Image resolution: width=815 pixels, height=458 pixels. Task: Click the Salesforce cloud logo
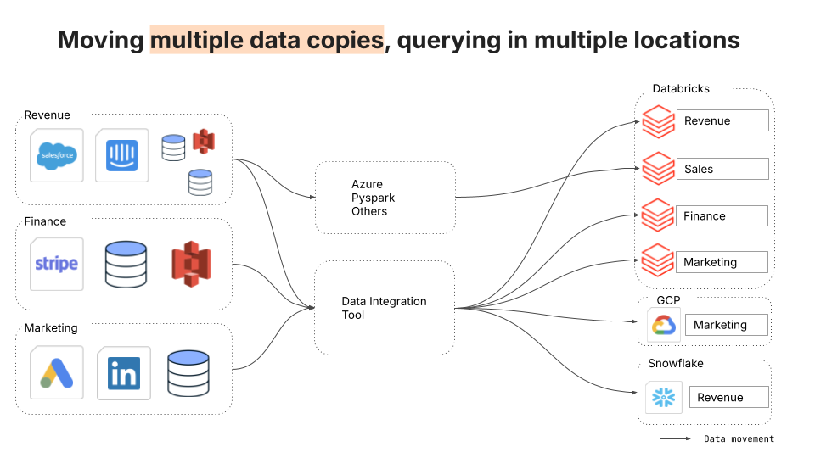tap(57, 156)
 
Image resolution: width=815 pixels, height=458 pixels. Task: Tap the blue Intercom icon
tap(121, 155)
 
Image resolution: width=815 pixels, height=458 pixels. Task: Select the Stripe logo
tap(56, 264)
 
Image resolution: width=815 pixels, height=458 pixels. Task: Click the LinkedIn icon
tap(124, 373)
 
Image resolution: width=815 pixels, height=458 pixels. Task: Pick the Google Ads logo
tap(57, 373)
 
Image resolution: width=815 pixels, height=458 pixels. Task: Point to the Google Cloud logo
tap(664, 325)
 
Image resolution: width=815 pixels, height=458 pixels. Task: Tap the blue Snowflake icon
tap(664, 398)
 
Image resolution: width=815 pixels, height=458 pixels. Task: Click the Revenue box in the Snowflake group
tap(728, 397)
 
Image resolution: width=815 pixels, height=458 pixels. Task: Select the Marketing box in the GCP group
tap(726, 325)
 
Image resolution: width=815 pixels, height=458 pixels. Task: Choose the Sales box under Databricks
tap(722, 169)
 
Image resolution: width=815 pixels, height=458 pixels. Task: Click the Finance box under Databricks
tap(722, 215)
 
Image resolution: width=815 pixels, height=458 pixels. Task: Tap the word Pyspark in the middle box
tap(373, 198)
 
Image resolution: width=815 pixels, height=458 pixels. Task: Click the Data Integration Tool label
tap(384, 308)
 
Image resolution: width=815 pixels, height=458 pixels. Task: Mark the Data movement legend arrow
tap(675, 438)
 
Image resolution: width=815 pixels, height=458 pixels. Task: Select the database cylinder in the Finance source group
tap(126, 265)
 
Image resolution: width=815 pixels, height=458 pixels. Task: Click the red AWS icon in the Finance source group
tap(191, 264)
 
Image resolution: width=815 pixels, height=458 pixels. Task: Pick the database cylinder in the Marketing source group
tap(188, 373)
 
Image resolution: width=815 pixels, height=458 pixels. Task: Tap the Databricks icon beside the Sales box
tap(659, 168)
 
